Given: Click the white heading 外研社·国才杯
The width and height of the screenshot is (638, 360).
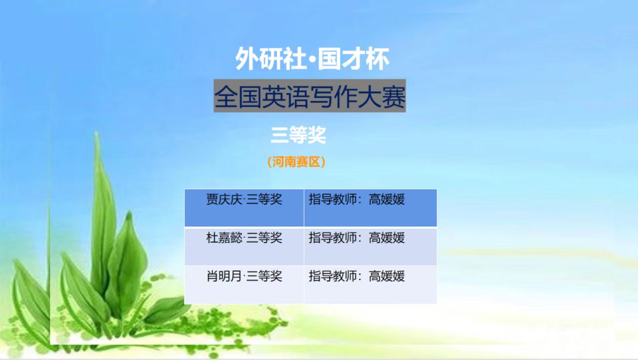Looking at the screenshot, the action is pos(312,59).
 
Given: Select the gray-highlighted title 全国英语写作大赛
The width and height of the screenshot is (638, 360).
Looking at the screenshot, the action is pos(310,96).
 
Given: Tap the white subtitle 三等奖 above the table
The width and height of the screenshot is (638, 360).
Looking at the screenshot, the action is pos(298,135).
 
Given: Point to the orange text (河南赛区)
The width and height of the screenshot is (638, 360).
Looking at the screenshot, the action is pos(297,162).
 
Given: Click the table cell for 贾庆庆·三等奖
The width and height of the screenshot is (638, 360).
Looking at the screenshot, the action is pos(244,208).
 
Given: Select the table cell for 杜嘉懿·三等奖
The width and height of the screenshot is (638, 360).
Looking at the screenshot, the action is pos(244,247).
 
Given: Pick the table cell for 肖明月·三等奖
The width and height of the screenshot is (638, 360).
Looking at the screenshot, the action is pos(244,285).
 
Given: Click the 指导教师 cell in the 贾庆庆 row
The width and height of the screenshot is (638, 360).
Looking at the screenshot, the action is pos(370,208).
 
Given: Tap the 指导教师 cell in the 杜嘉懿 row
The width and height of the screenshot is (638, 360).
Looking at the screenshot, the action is pos(370,247).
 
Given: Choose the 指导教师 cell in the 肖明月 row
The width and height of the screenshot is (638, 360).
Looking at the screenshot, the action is pos(370,285).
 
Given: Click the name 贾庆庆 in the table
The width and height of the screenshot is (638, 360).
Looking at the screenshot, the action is pos(224,199).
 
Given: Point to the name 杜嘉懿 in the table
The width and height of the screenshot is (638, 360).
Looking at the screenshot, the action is pos(224,238).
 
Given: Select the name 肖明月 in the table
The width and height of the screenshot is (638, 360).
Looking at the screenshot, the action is pos(224,276).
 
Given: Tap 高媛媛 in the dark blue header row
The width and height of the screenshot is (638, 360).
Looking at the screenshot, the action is pos(387,199).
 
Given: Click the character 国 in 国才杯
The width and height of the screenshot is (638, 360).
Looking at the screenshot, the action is pos(329,59).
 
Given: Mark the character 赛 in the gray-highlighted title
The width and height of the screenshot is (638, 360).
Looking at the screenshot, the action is pos(393,97).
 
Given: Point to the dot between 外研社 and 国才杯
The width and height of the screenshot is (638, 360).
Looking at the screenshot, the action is pos(312,59).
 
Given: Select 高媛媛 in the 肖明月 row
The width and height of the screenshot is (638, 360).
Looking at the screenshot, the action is pos(387,276).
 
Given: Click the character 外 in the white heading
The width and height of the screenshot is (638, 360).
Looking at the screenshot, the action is pos(246,59).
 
